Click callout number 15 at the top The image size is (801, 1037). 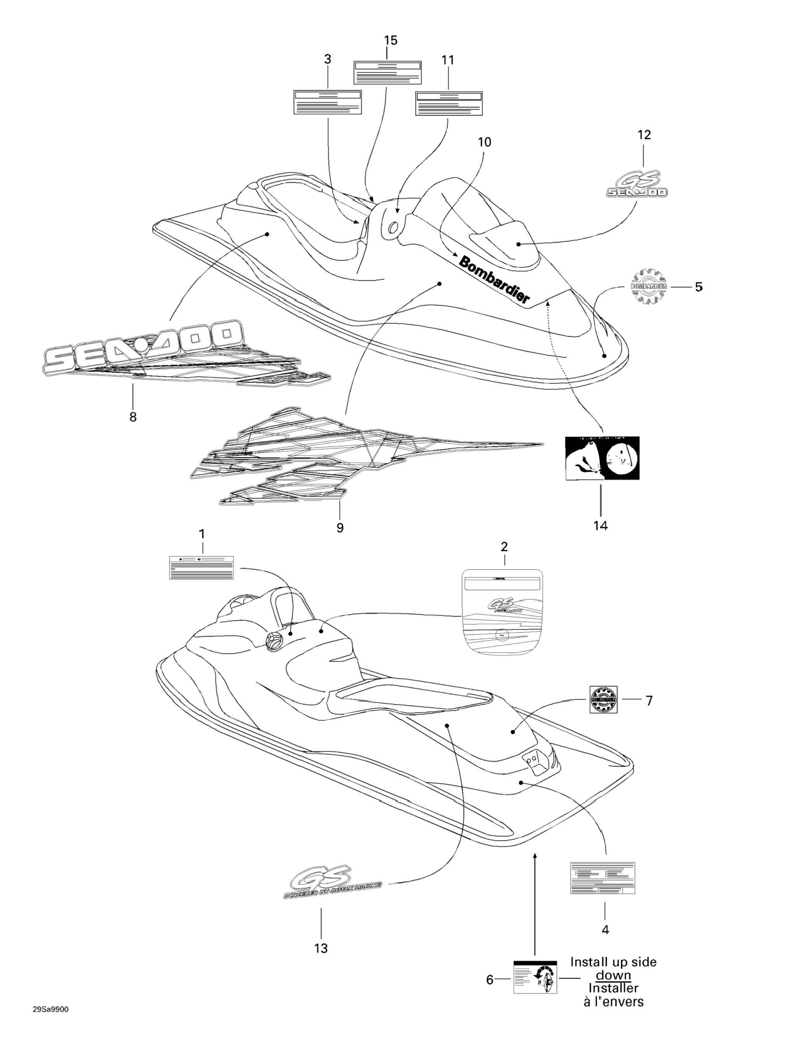point(390,41)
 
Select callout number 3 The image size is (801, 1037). point(327,59)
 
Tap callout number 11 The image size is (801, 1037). point(448,60)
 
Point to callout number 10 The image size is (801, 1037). point(484,142)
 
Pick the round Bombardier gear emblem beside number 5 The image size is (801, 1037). point(648,286)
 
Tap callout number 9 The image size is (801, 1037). point(340,528)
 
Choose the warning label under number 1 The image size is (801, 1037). point(202,567)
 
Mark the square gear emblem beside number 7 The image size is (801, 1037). point(603,699)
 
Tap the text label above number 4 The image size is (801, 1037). point(602,878)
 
